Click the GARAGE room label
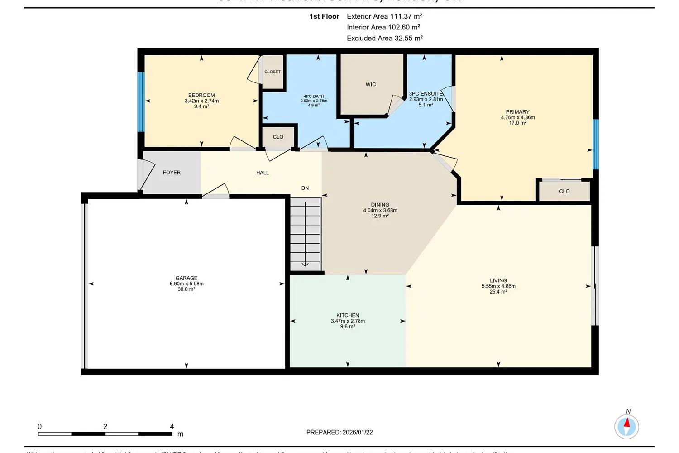pyautogui.click(x=186, y=278)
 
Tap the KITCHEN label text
pyautogui.click(x=348, y=315)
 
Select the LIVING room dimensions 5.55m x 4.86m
pyautogui.click(x=498, y=286)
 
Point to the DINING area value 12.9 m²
pyautogui.click(x=380, y=216)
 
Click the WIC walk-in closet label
pyautogui.click(x=371, y=84)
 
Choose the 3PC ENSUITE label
pyautogui.click(x=426, y=94)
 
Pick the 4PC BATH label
pyautogui.click(x=314, y=96)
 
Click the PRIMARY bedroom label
pyautogui.click(x=517, y=112)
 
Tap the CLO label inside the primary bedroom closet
pyautogui.click(x=564, y=191)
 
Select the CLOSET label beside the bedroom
pyautogui.click(x=273, y=72)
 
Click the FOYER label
pyautogui.click(x=172, y=173)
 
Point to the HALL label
pyautogui.click(x=263, y=173)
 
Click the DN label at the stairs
pyautogui.click(x=305, y=188)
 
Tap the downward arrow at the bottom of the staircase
pyautogui.click(x=305, y=264)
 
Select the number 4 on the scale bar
pyautogui.click(x=172, y=426)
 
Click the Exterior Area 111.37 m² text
pyautogui.click(x=384, y=16)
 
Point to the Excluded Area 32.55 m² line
pyautogui.click(x=385, y=38)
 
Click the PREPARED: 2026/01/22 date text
pyautogui.click(x=339, y=432)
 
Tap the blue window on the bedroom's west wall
pyautogui.click(x=141, y=102)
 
